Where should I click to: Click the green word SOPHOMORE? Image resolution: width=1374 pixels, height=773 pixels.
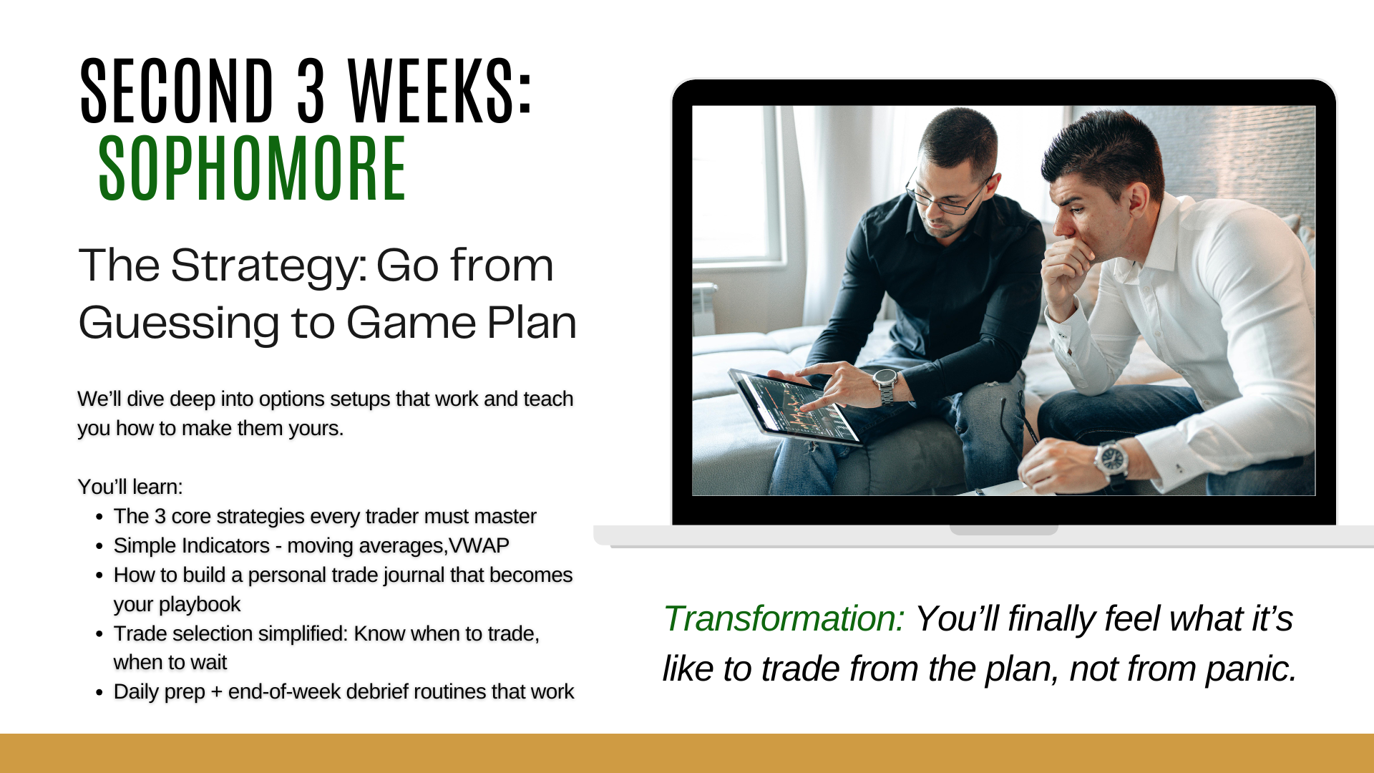pos(253,169)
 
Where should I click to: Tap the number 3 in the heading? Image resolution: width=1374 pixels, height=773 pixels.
pos(311,90)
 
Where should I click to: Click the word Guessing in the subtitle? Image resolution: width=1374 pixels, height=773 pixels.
pos(179,324)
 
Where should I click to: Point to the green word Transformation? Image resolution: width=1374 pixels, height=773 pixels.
pos(784,618)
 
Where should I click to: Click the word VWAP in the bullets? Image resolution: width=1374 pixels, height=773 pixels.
pos(479,545)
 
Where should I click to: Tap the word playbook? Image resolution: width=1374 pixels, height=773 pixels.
pos(177,605)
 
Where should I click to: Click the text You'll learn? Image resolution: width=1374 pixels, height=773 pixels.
pos(130,487)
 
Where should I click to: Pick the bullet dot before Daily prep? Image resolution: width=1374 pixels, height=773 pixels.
pos(99,693)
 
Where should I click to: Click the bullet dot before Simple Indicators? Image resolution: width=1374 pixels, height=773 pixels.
pos(99,547)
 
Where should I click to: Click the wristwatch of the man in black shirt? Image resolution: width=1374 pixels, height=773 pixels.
pos(886,385)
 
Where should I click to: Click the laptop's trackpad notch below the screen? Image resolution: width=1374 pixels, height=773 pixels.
pos(1003,530)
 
